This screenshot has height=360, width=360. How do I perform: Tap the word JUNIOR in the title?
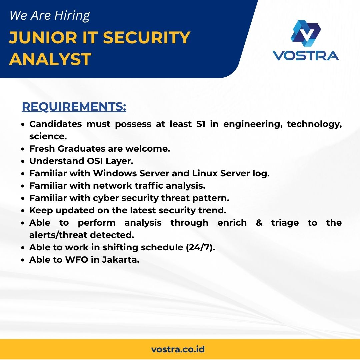click(x=43, y=37)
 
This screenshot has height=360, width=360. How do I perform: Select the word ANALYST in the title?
click(x=50, y=59)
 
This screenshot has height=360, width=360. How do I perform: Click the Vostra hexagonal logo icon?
click(x=306, y=33)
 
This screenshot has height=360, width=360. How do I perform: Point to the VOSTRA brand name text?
click(x=306, y=56)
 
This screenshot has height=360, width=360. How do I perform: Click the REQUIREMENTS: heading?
click(x=74, y=107)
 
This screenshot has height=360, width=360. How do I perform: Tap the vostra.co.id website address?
click(x=178, y=349)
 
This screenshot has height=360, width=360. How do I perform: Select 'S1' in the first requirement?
click(x=201, y=124)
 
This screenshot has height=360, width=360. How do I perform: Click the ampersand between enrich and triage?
click(x=259, y=223)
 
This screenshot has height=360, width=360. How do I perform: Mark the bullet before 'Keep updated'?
click(x=23, y=211)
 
